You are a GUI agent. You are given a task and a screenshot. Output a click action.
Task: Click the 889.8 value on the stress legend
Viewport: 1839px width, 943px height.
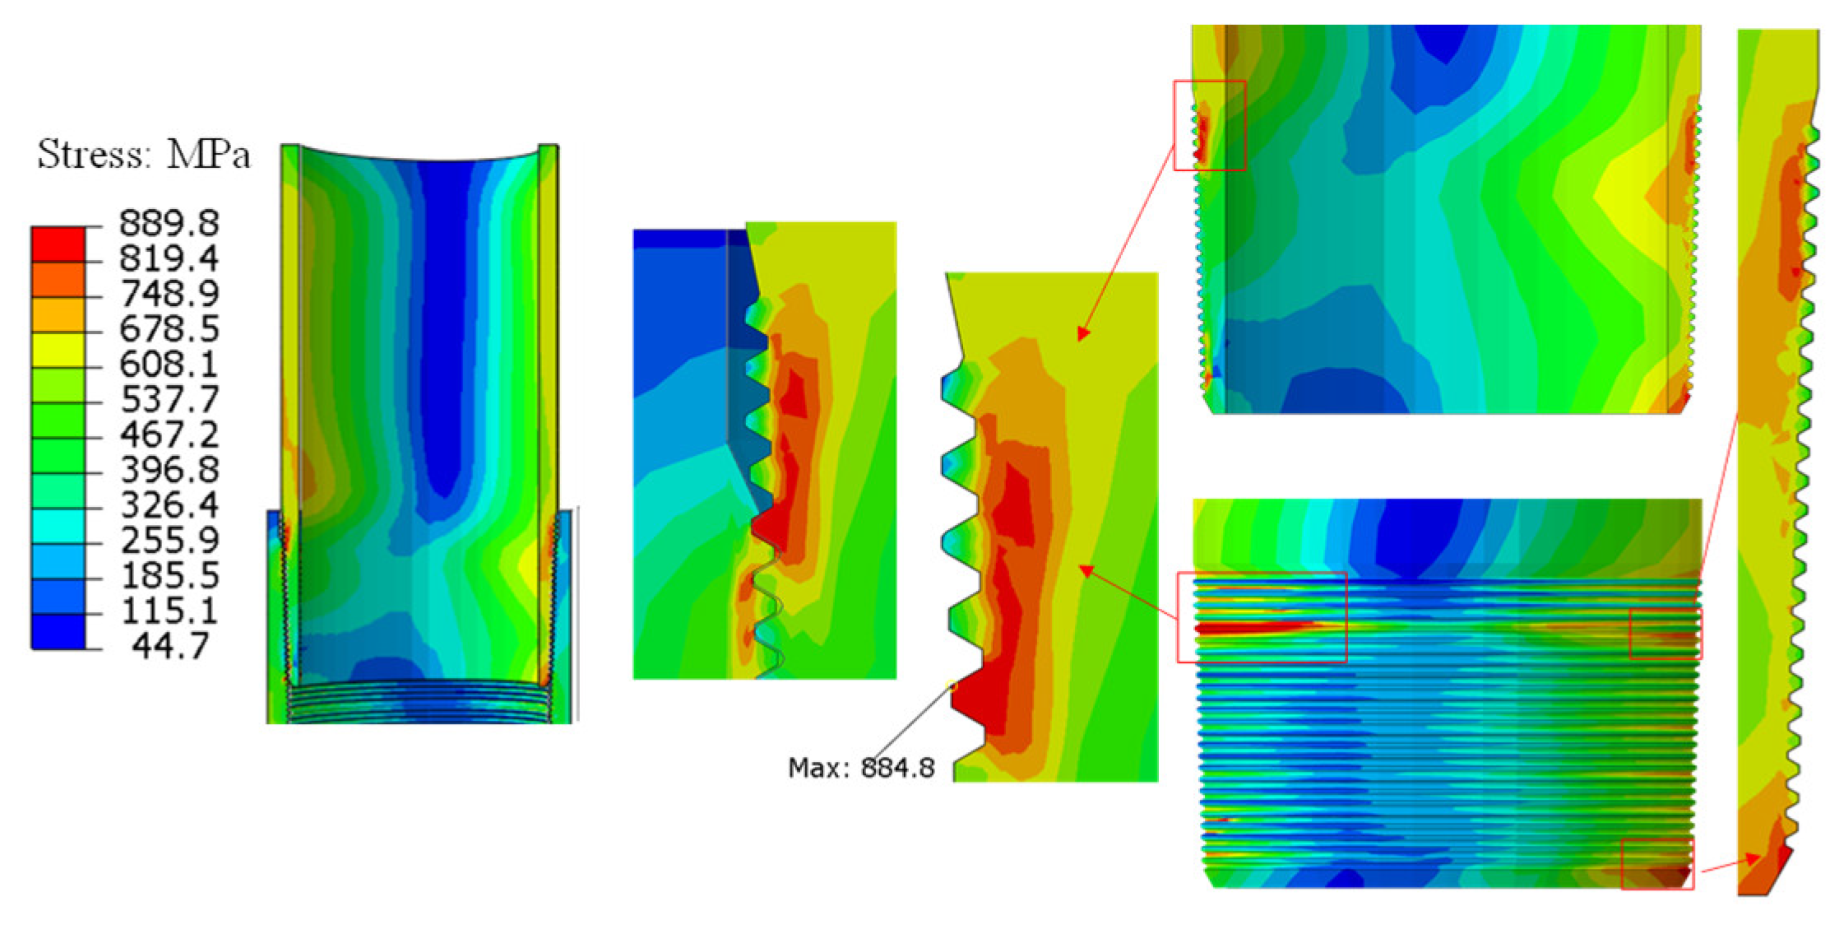point(169,223)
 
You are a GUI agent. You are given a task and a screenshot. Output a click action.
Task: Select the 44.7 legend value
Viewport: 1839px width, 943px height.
point(171,646)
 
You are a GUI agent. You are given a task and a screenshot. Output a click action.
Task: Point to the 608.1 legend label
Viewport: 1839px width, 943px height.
point(169,364)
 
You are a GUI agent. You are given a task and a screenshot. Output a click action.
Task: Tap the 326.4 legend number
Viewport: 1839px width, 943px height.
point(169,504)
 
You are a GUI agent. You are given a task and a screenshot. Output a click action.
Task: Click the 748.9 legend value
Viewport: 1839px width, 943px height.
point(169,294)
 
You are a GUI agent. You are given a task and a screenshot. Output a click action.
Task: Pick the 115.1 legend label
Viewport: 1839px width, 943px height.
point(169,611)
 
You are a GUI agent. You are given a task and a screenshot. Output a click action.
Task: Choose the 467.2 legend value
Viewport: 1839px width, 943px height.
point(169,434)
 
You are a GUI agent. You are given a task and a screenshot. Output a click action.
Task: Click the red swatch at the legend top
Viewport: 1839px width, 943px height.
point(58,244)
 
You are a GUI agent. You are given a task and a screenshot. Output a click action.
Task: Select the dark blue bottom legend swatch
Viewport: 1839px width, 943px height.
point(58,632)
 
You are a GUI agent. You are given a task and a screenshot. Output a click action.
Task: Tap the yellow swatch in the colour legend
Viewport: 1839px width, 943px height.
point(58,351)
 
